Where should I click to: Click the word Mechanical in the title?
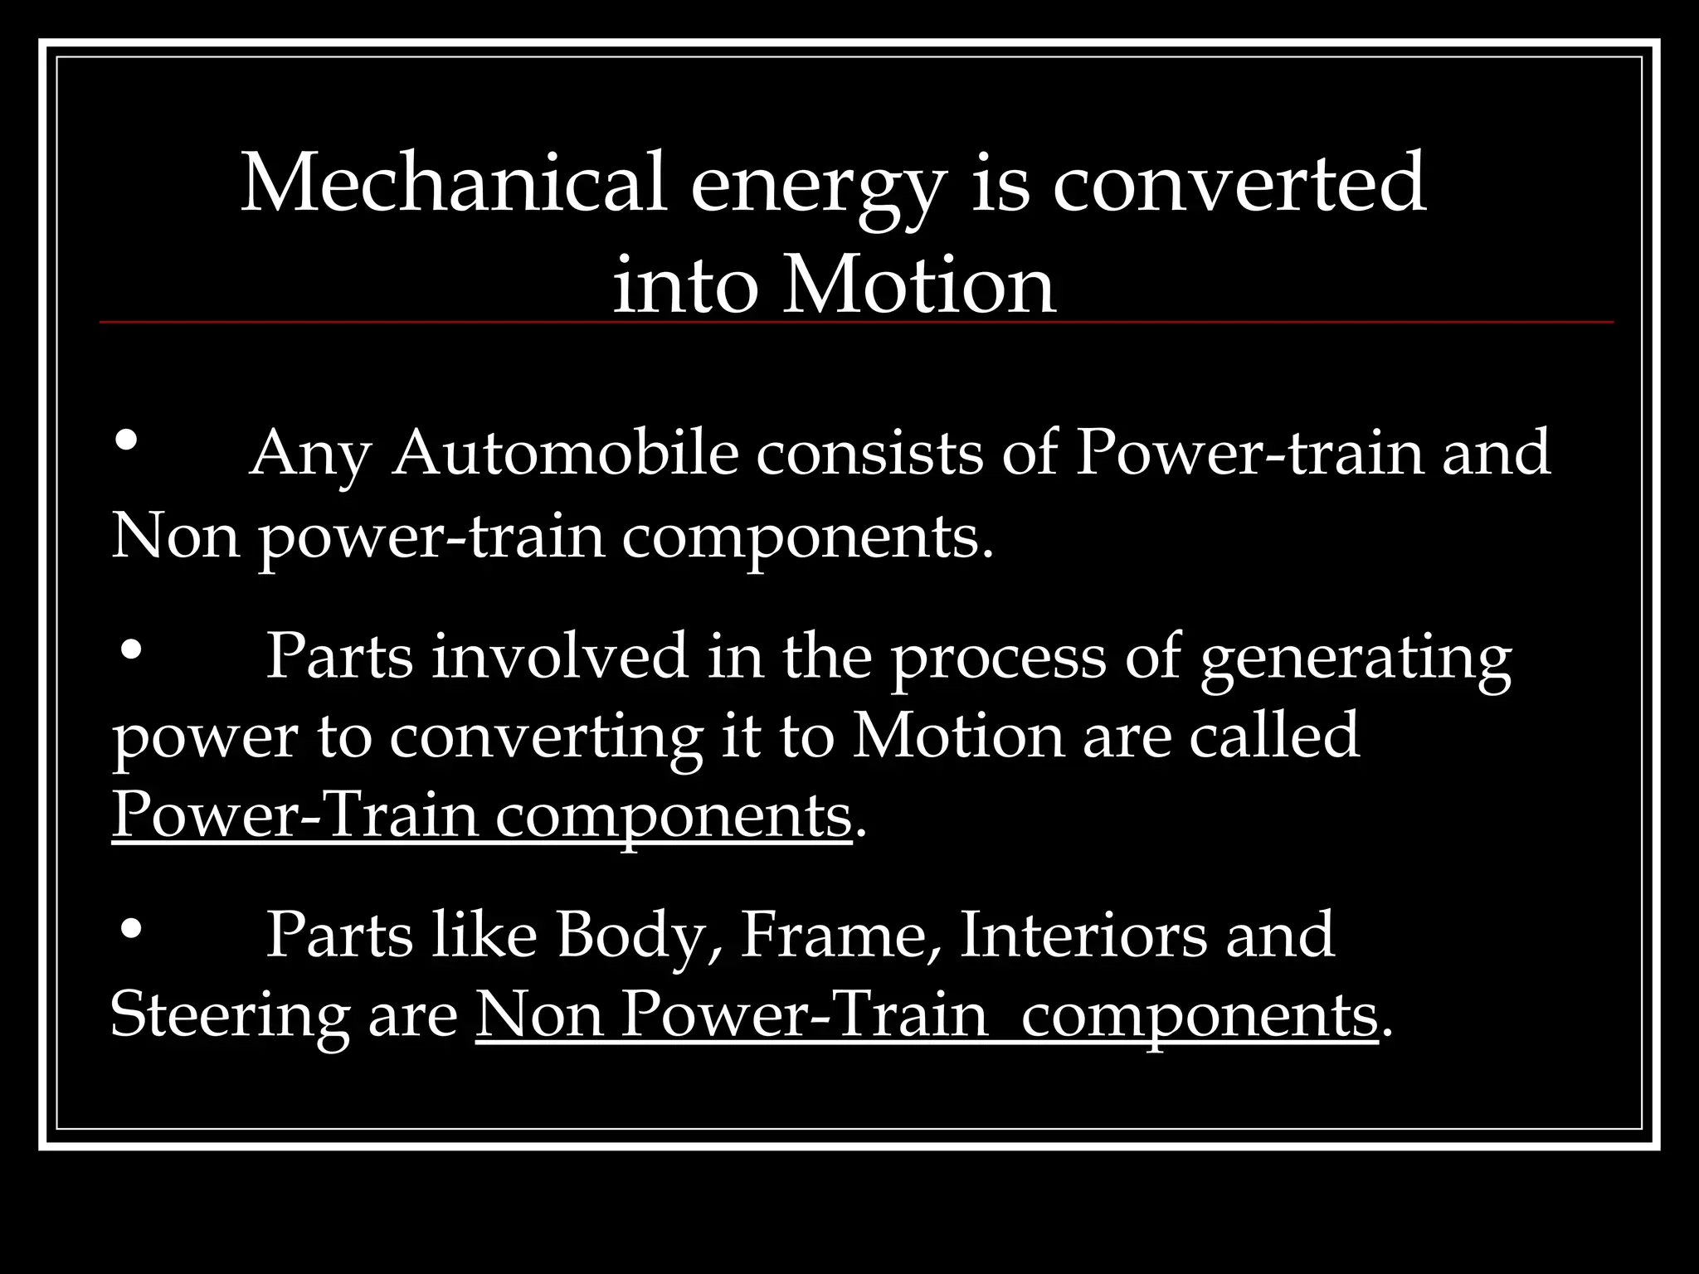453,182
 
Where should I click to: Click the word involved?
560,656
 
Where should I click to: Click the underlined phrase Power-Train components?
481,815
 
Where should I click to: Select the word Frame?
838,935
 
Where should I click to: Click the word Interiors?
1083,935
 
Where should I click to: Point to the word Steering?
229,1015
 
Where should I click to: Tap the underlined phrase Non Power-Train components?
926,1015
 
